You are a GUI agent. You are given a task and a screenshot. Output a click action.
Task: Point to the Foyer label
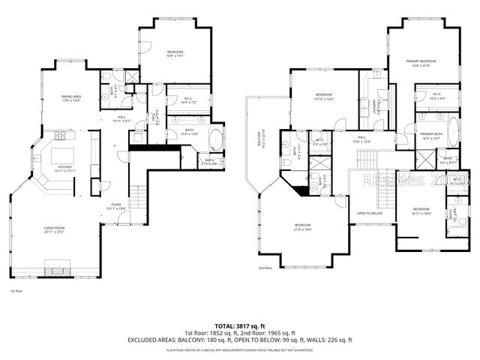tap(117, 205)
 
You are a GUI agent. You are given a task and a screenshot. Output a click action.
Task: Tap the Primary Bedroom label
tap(421, 62)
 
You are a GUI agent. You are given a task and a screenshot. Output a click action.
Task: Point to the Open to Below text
tap(370, 213)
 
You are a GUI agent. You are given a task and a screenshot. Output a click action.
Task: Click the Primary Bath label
tap(432, 136)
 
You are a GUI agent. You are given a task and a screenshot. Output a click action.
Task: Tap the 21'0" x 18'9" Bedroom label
tap(303, 227)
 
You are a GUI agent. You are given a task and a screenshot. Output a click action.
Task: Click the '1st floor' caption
tap(16, 290)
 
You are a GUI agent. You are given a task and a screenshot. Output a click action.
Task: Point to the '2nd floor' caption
tap(265, 268)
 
